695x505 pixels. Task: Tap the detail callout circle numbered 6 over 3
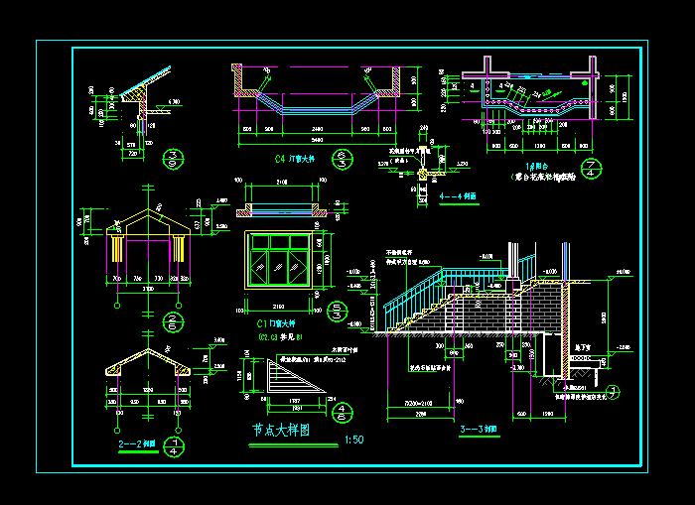(344, 159)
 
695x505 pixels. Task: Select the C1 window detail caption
(277, 323)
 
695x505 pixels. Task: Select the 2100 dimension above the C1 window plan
(282, 183)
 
